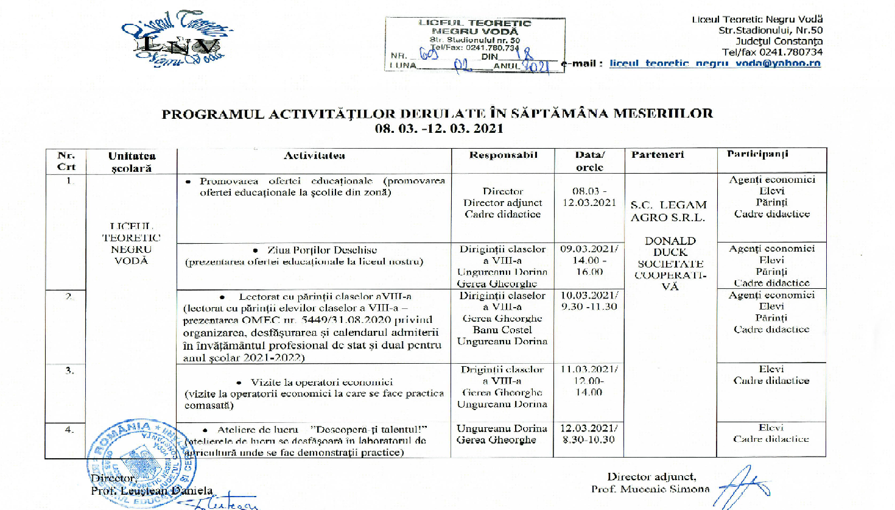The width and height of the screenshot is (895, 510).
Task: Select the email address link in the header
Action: [715, 63]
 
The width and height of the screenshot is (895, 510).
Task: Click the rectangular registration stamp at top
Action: [475, 45]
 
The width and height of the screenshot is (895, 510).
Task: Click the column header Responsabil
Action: [503, 155]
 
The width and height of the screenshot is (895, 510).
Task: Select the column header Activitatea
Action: [314, 155]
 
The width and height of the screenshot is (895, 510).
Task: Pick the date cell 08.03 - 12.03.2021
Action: [589, 197]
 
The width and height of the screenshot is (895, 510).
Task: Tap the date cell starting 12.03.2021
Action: [589, 434]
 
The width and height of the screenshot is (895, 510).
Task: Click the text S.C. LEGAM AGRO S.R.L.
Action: [669, 211]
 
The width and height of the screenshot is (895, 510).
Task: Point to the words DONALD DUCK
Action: [670, 246]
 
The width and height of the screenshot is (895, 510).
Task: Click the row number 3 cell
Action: [69, 370]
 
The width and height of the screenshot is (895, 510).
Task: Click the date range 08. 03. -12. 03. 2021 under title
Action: [439, 129]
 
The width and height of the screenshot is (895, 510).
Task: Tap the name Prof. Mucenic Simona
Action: [650, 489]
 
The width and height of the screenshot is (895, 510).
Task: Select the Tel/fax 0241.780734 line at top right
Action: [772, 52]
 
